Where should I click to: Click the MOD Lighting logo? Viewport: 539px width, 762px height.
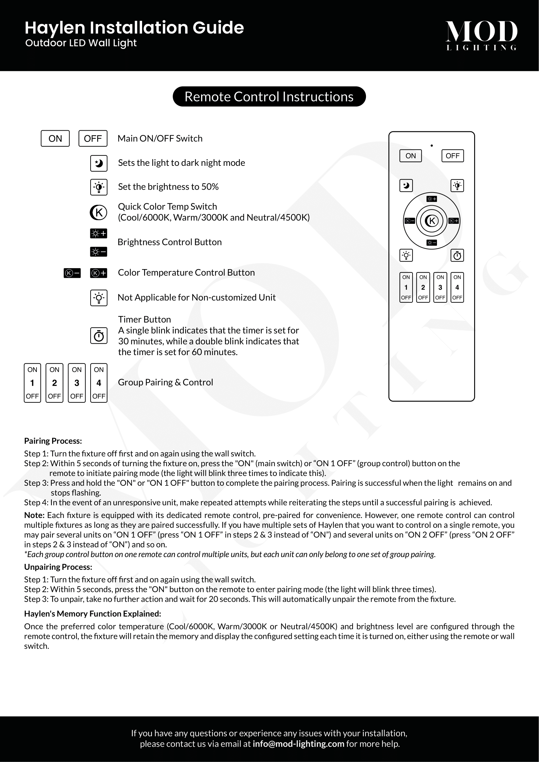click(x=481, y=35)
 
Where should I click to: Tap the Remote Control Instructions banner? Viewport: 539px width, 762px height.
click(x=269, y=96)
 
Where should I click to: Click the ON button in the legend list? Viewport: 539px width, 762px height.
click(x=55, y=138)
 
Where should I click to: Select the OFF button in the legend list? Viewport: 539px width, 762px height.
click(x=93, y=138)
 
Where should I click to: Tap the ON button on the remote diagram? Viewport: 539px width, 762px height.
click(x=411, y=156)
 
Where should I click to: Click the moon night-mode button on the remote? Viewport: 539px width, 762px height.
click(x=406, y=185)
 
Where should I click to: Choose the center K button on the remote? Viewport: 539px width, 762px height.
click(x=431, y=221)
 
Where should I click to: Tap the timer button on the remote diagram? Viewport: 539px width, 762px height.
click(x=457, y=255)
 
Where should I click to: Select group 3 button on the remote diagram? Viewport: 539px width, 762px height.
click(x=440, y=287)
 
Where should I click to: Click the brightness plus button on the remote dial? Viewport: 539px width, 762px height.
click(x=431, y=199)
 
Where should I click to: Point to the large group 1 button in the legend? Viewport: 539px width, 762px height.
click(x=33, y=383)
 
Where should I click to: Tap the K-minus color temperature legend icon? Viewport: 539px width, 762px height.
click(x=72, y=273)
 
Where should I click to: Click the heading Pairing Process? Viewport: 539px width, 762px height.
click(x=53, y=441)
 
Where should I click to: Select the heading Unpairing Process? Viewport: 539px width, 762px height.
click(x=58, y=567)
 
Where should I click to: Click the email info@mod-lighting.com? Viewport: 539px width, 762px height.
click(x=299, y=744)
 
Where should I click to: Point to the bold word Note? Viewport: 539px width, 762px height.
click(x=34, y=515)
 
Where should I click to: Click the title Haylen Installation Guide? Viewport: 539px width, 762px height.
click(x=134, y=28)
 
